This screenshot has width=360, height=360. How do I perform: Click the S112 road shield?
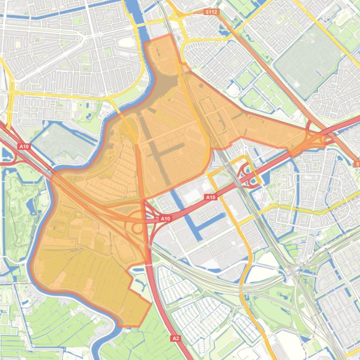pyautogui.click(x=212, y=12)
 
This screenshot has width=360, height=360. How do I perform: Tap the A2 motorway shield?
pyautogui.click(x=175, y=338)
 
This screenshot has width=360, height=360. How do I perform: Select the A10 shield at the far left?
pyautogui.click(x=24, y=146)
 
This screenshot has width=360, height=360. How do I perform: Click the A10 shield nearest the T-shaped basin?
pyautogui.click(x=211, y=197)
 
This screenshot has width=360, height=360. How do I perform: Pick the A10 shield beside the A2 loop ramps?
pyautogui.click(x=165, y=218)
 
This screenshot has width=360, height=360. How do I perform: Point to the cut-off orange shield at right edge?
pyautogui.click(x=357, y=164)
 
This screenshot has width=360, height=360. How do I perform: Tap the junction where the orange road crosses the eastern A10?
pyautogui.click(x=323, y=138)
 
